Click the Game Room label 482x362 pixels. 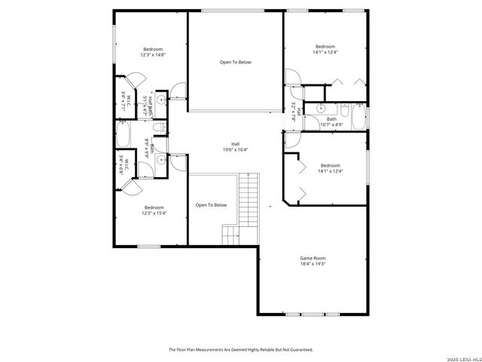click(x=313, y=258)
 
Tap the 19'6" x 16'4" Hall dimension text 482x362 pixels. click(x=236, y=149)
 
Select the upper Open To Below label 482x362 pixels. click(x=235, y=62)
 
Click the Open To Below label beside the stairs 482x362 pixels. click(x=211, y=204)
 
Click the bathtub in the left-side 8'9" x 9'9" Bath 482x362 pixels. click(x=122, y=138)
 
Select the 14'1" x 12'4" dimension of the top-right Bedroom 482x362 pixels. click(x=325, y=52)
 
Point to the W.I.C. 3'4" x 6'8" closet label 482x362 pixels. click(x=125, y=164)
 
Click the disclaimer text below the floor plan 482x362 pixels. click(x=240, y=349)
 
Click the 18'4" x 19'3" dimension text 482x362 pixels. click(x=313, y=264)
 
